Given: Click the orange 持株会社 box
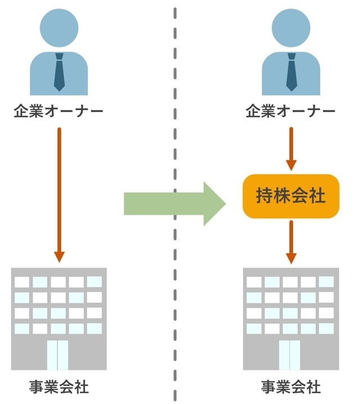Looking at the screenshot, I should point(291,196).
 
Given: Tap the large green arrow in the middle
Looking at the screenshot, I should point(169,203).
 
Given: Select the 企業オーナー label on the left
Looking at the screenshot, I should point(58,111).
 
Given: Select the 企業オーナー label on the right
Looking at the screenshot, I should point(291,111).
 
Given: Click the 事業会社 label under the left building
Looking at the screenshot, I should point(58,387).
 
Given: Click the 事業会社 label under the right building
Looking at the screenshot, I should point(291,387).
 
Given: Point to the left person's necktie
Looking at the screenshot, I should point(59,74).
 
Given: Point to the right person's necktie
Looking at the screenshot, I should point(291,74).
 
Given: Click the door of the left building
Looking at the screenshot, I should point(58,354).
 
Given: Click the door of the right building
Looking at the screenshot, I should point(290,354).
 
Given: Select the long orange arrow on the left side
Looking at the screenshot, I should point(59,191).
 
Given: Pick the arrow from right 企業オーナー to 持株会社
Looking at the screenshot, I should point(291,147).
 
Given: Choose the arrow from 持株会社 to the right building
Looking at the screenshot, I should point(291,241).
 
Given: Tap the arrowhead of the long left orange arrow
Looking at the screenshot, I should point(59,256).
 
